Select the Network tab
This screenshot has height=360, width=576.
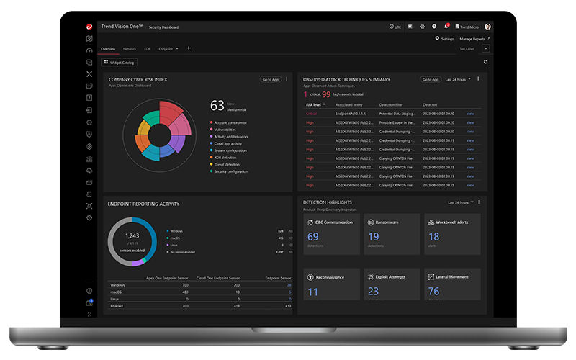pyautogui.click(x=130, y=49)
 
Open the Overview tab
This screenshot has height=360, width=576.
pyautogui.click(x=108, y=49)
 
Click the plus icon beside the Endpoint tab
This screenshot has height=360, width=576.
pyautogui.click(x=189, y=48)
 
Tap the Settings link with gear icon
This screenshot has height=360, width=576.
pyautogui.click(x=444, y=38)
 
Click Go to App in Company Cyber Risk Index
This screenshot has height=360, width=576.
pyautogui.click(x=271, y=79)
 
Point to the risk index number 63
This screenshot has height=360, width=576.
pyautogui.click(x=217, y=106)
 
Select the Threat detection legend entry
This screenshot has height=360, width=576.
pyautogui.click(x=230, y=164)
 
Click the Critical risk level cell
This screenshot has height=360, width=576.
pyautogui.click(x=311, y=113)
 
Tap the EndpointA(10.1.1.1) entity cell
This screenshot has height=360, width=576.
pyautogui.click(x=351, y=113)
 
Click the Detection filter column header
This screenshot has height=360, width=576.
pyautogui.click(x=392, y=104)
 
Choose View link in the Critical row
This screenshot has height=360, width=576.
pyautogui.click(x=470, y=113)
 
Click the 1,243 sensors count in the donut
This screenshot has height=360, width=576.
pyautogui.click(x=132, y=236)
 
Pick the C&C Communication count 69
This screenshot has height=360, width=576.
pyautogui.click(x=313, y=236)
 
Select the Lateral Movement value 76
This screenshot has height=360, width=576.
pyautogui.click(x=433, y=292)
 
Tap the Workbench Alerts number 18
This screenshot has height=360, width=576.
pyautogui.click(x=433, y=236)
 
